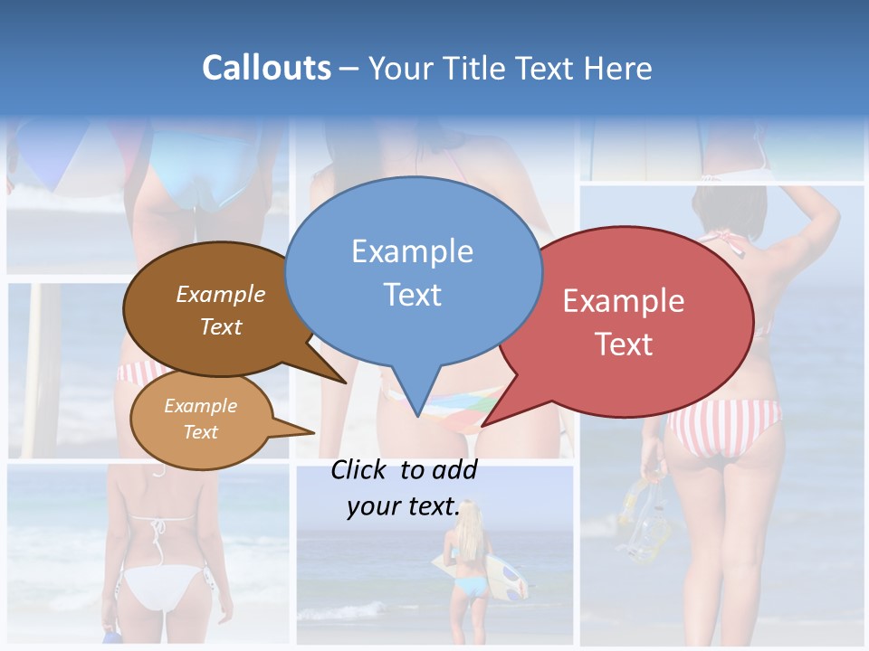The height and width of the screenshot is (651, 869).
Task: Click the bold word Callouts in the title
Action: [x=266, y=68]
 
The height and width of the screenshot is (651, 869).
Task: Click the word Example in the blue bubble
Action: [x=412, y=251]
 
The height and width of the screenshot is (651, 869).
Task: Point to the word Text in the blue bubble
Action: [x=412, y=295]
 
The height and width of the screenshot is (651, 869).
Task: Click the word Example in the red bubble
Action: [x=624, y=301]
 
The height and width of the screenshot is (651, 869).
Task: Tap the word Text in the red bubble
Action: [x=624, y=344]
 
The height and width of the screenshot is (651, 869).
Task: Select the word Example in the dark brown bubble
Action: [x=221, y=295]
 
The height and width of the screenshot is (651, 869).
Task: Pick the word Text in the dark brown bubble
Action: [x=221, y=326]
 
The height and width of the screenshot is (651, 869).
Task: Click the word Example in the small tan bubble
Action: [x=201, y=406]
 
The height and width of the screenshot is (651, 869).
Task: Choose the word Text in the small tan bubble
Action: [x=201, y=432]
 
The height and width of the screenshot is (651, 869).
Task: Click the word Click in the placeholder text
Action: [x=362, y=469]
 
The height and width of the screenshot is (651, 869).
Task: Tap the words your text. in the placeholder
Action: [x=403, y=507]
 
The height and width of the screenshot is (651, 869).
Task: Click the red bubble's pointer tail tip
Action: [x=483, y=425]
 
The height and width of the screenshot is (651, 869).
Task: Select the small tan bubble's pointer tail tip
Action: [x=313, y=431]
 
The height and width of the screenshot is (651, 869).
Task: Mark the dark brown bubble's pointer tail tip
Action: [x=346, y=382]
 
